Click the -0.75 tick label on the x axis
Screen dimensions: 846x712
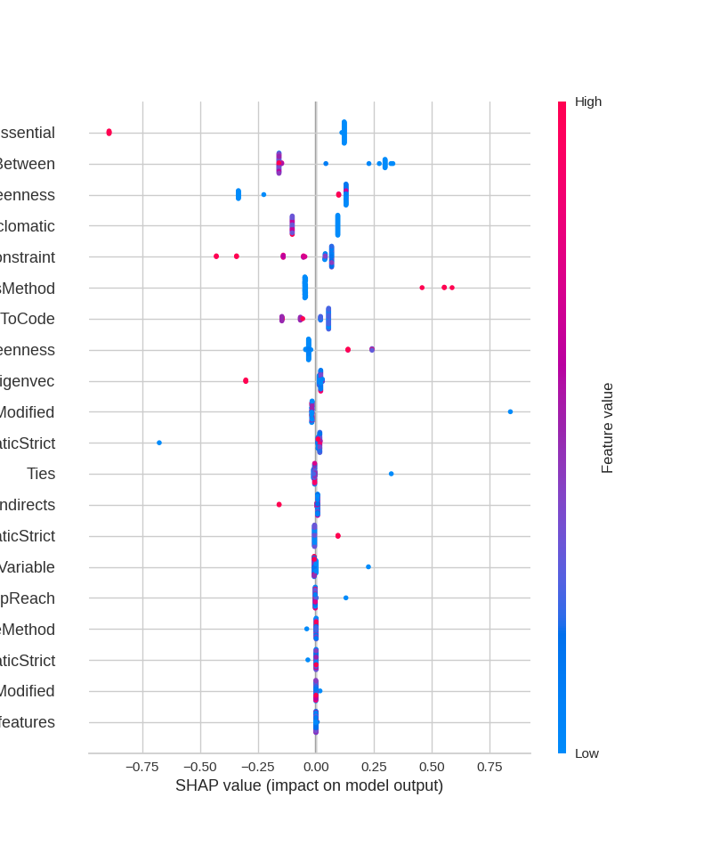(x=142, y=767)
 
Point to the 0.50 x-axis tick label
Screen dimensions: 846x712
(x=432, y=767)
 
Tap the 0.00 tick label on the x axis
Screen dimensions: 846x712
(x=316, y=767)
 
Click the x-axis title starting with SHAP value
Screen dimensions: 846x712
(x=309, y=785)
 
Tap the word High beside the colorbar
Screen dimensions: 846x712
(x=588, y=102)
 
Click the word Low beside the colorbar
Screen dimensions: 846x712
(x=587, y=753)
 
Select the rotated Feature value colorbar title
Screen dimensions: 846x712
(x=608, y=427)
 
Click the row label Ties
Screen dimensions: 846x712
(x=41, y=474)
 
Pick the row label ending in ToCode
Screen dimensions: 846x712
(x=27, y=319)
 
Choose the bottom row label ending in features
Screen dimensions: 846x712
(x=27, y=722)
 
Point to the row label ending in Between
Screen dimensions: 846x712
(x=27, y=164)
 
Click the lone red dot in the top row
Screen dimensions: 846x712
(x=109, y=133)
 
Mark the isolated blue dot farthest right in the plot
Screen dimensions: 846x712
(x=510, y=411)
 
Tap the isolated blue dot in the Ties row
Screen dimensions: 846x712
(x=391, y=474)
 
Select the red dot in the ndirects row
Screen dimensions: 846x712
(x=279, y=505)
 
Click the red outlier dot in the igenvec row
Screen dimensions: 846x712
(x=246, y=381)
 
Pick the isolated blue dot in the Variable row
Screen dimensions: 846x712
(x=368, y=567)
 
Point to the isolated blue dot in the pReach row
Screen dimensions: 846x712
(x=346, y=598)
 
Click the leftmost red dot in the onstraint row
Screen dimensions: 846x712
(x=216, y=256)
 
